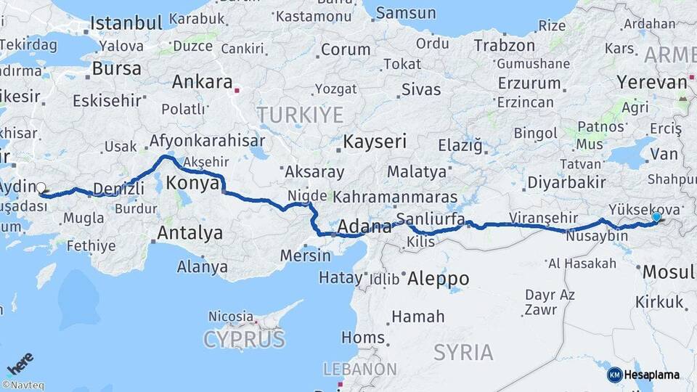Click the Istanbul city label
[x=126, y=23]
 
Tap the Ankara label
[x=202, y=82]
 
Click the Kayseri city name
[x=375, y=141]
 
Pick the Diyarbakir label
[x=559, y=181]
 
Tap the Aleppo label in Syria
[x=438, y=278]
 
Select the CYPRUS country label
[x=244, y=338]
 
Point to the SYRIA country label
[x=463, y=353]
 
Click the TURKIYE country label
[x=298, y=114]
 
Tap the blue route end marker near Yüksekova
[x=656, y=216]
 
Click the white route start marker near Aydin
[x=41, y=187]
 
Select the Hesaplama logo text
[x=651, y=375]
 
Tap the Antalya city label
[x=189, y=234]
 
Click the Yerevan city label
[x=651, y=82]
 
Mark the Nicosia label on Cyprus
[x=231, y=317]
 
